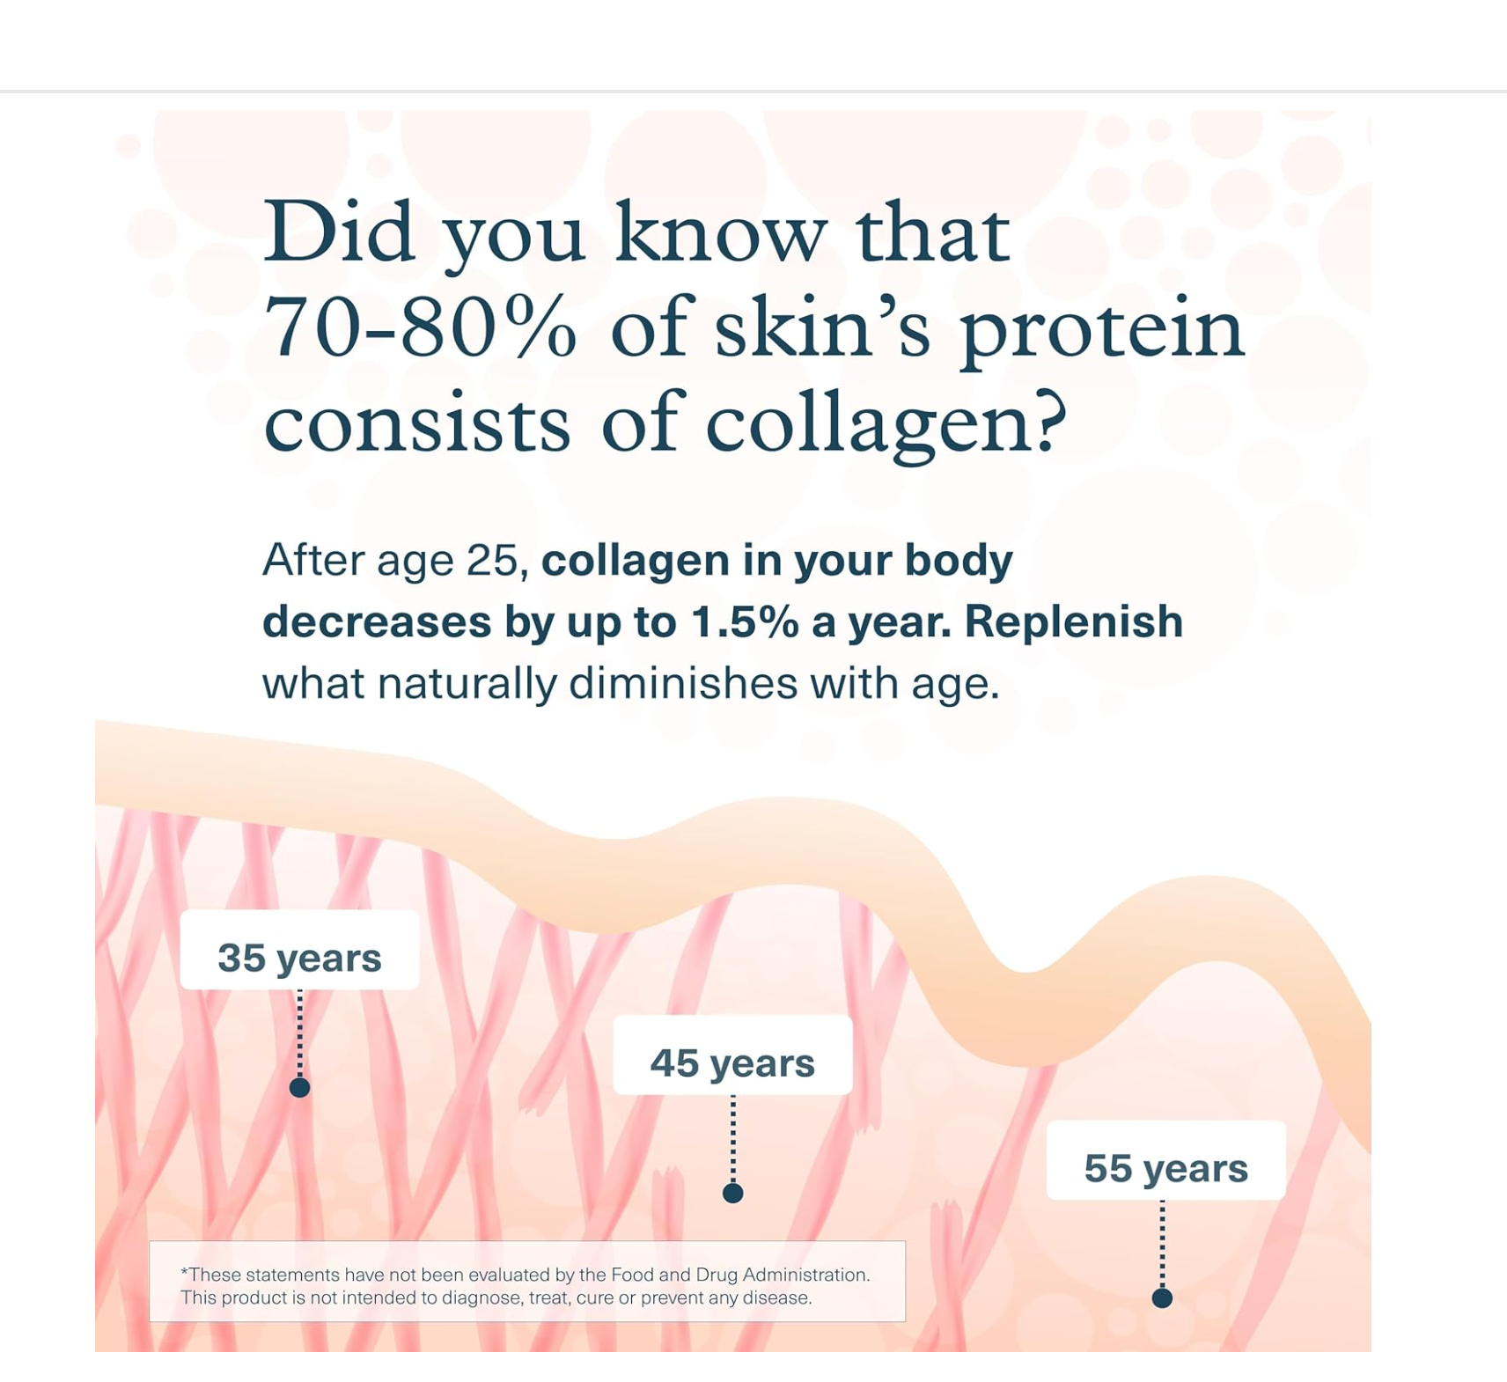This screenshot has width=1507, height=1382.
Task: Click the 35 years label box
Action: click(x=299, y=950)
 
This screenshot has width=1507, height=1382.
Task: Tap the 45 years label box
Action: click(x=732, y=1055)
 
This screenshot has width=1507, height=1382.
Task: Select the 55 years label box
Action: click(x=1165, y=1160)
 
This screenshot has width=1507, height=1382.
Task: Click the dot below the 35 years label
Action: click(x=299, y=1088)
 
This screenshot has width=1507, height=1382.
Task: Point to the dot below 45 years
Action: click(x=732, y=1193)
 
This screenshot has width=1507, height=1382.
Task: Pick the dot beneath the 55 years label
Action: click(x=1162, y=1297)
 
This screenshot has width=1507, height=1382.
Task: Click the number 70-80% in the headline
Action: click(x=421, y=327)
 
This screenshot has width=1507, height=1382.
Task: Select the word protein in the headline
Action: click(x=1102, y=331)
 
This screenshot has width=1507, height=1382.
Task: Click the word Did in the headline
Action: click(x=339, y=231)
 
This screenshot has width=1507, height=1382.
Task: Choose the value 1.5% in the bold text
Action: click(x=745, y=621)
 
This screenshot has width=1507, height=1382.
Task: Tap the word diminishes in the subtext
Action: click(x=684, y=683)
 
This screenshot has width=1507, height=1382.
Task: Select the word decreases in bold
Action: click(x=377, y=622)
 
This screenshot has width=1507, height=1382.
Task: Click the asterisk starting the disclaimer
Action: click(x=184, y=1271)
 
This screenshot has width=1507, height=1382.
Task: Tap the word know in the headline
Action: click(x=721, y=231)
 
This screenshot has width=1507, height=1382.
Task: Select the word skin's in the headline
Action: click(x=822, y=327)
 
